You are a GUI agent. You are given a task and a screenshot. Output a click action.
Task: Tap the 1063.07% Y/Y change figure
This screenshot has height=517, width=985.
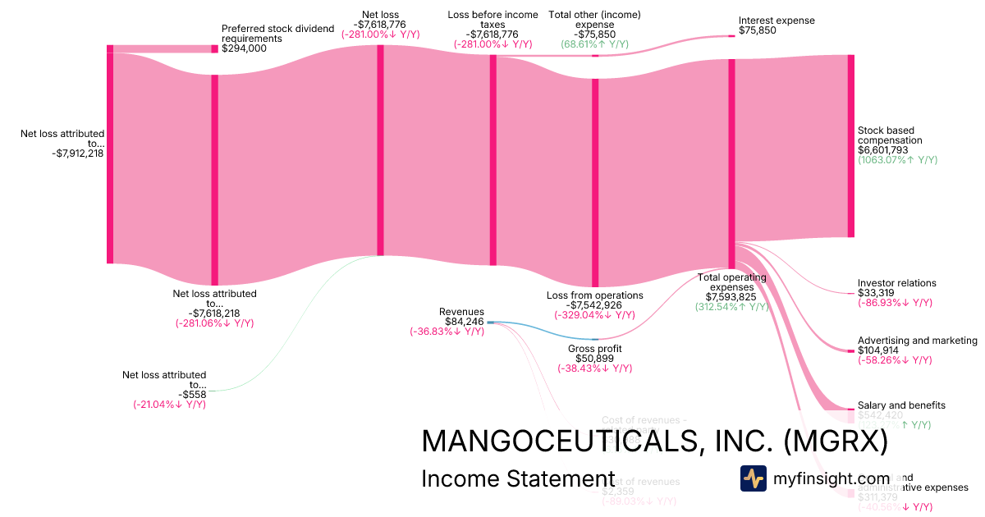(897, 161)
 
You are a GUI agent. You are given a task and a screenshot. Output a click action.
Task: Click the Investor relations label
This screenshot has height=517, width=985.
(896, 283)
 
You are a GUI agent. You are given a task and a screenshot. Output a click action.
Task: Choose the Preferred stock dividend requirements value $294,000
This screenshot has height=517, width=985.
(244, 48)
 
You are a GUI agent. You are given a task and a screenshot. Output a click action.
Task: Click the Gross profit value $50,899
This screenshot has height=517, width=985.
(595, 359)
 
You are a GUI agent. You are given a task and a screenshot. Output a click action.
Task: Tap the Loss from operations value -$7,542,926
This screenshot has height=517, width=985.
(595, 305)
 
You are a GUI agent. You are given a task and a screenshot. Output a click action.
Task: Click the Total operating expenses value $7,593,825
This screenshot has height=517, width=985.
(731, 297)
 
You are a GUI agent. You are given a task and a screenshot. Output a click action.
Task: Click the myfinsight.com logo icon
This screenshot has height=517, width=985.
(753, 478)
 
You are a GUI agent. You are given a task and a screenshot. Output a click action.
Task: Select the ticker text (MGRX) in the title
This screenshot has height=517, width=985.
(836, 442)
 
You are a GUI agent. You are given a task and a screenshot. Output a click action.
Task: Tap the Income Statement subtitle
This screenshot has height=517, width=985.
(517, 478)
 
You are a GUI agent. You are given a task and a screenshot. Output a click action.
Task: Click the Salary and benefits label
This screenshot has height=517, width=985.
(901, 405)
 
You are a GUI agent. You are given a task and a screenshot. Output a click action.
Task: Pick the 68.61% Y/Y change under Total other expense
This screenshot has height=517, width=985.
(594, 44)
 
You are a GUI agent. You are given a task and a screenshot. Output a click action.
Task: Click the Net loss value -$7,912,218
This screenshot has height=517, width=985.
(77, 152)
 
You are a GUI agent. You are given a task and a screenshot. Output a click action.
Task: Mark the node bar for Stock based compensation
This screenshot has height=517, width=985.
(851, 146)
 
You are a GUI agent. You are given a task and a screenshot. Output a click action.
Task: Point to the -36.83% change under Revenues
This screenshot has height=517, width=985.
(447, 332)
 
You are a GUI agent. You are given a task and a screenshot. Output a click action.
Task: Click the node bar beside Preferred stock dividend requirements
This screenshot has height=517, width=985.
(215, 48)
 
